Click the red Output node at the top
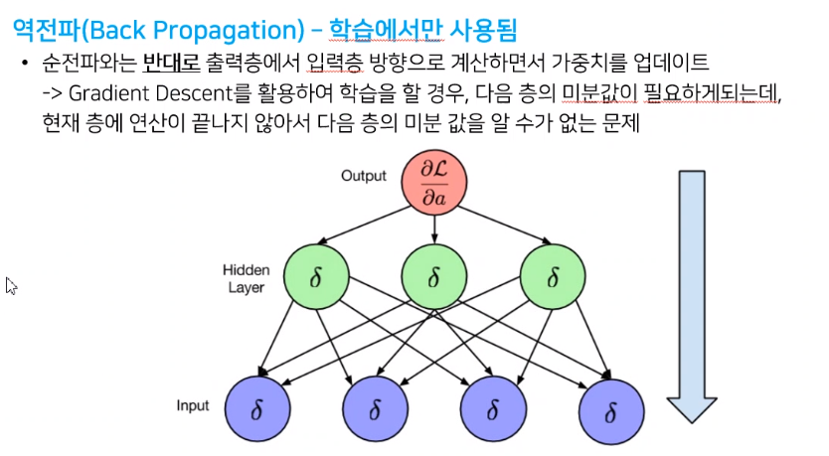pos(434,185)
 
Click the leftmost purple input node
pos(257,407)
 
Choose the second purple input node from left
pos(375,407)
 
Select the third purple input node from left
pos(492,407)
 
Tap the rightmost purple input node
pos(609,407)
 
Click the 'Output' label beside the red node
pos(363,176)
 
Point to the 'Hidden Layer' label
pos(246,277)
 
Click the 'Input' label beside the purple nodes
pos(193,406)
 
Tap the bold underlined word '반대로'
pos(171,66)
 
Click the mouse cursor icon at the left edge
pos(12,286)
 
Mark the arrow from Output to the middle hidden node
pos(434,230)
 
